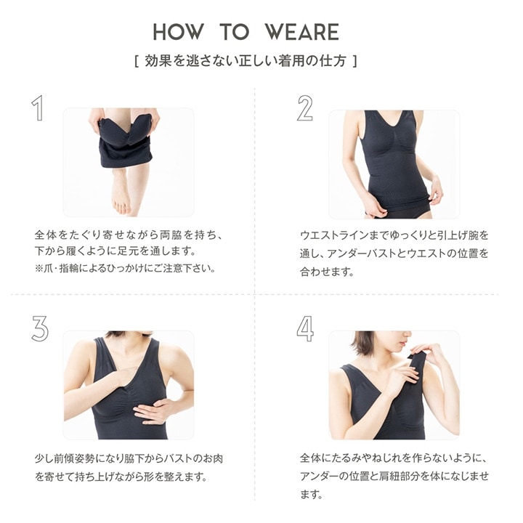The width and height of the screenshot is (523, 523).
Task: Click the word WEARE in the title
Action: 302,32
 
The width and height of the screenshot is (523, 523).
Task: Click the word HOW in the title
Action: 178,32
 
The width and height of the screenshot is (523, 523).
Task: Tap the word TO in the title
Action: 234,32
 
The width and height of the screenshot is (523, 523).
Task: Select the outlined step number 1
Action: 38,108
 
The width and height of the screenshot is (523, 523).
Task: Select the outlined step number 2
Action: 305,108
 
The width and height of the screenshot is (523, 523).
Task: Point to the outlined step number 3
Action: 40,328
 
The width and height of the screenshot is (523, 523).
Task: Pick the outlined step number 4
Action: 305,328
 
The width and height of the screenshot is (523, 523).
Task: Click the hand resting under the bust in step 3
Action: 153,411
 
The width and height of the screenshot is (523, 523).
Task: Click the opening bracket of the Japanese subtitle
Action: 137,61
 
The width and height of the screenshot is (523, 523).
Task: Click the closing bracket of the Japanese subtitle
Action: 355,61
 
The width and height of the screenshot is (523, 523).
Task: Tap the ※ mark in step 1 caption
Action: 39,268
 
